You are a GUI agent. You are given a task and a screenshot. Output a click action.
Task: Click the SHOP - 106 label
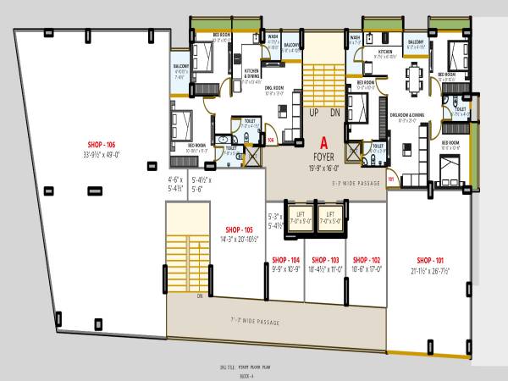pos(100,145)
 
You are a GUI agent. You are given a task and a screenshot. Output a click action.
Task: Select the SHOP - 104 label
pos(285,259)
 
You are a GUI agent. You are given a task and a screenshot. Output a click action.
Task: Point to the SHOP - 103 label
pos(325,259)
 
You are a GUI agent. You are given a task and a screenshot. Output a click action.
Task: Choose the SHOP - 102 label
pos(366,259)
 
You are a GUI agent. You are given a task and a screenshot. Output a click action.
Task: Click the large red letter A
pos(322,144)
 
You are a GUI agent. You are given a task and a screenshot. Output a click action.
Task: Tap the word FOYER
pos(322,156)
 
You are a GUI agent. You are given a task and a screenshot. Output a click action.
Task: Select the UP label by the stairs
pos(314,113)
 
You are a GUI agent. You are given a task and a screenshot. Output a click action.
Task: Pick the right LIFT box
pos(331,216)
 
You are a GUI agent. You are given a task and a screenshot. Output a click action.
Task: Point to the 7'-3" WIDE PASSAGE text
pos(255,323)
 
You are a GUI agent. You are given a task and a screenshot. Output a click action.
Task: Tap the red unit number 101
pos(391,180)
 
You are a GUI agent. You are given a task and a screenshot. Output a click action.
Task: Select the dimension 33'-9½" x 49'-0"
pos(100,155)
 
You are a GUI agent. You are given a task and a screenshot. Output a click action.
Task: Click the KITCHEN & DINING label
pos(251,75)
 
